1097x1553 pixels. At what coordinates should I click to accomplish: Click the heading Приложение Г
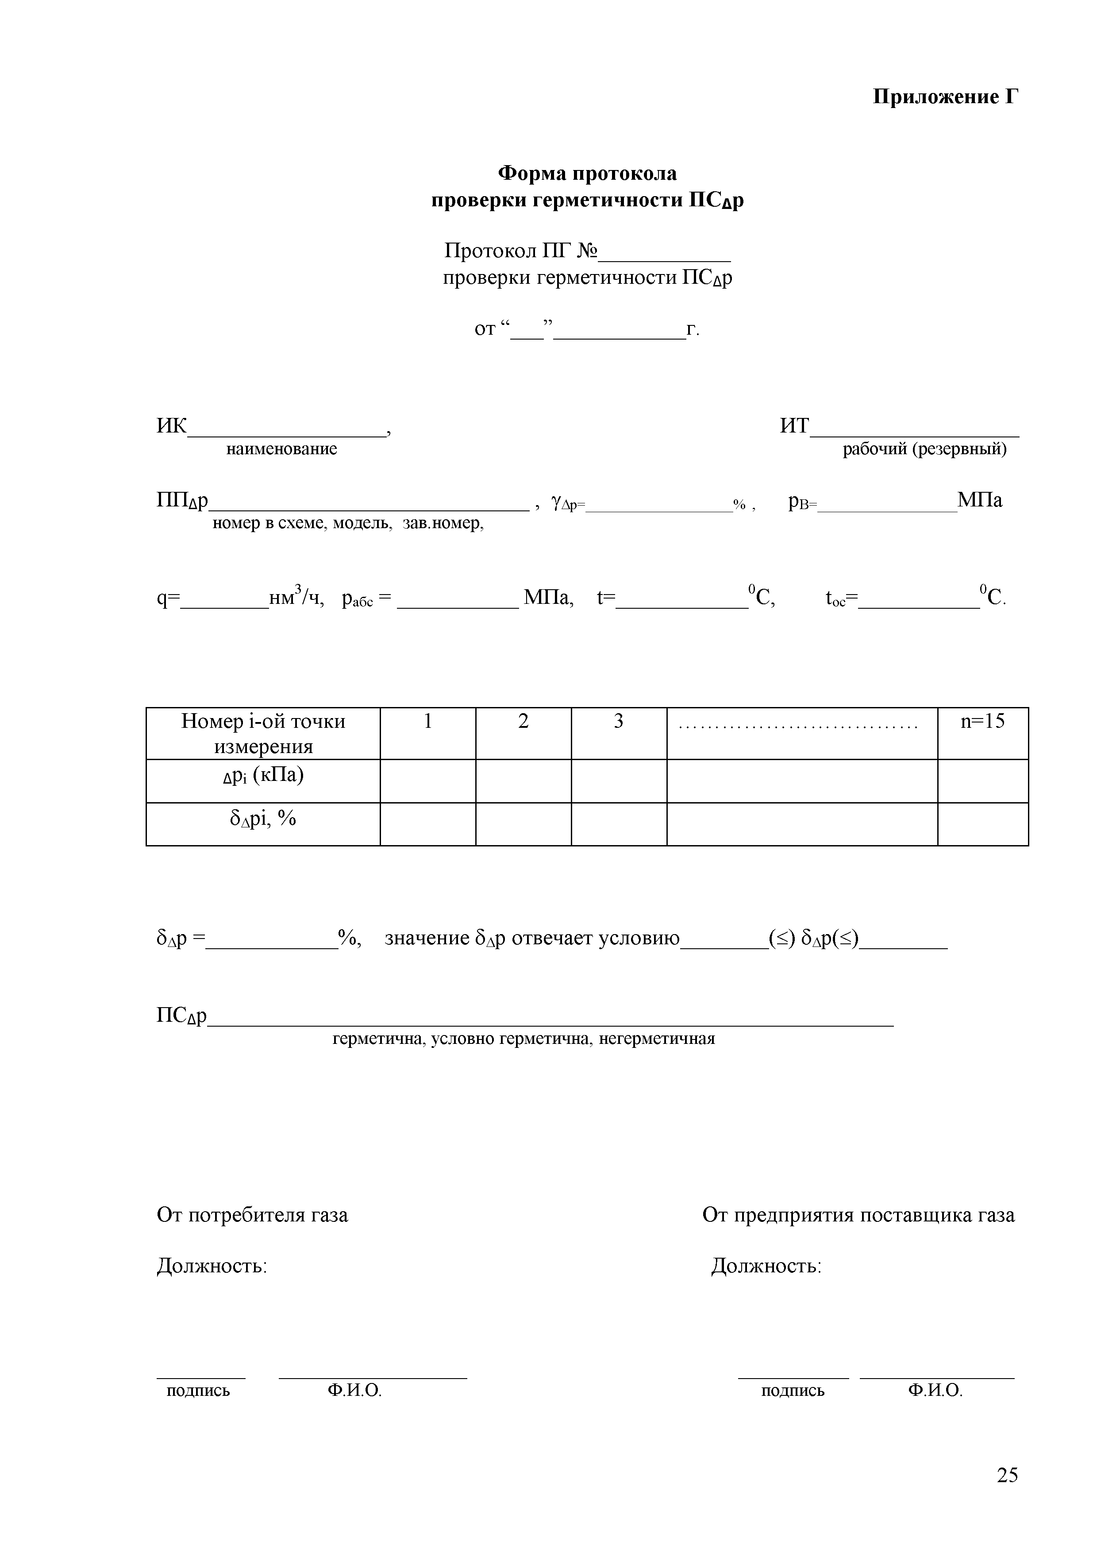click(x=945, y=97)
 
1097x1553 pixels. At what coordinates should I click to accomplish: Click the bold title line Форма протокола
click(x=587, y=174)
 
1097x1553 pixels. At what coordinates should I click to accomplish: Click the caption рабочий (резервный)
click(x=924, y=449)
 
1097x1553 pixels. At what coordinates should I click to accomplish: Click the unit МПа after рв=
click(x=979, y=501)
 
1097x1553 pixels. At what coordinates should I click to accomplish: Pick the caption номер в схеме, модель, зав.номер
click(x=348, y=524)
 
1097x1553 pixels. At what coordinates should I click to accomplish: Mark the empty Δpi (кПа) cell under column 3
click(x=619, y=781)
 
